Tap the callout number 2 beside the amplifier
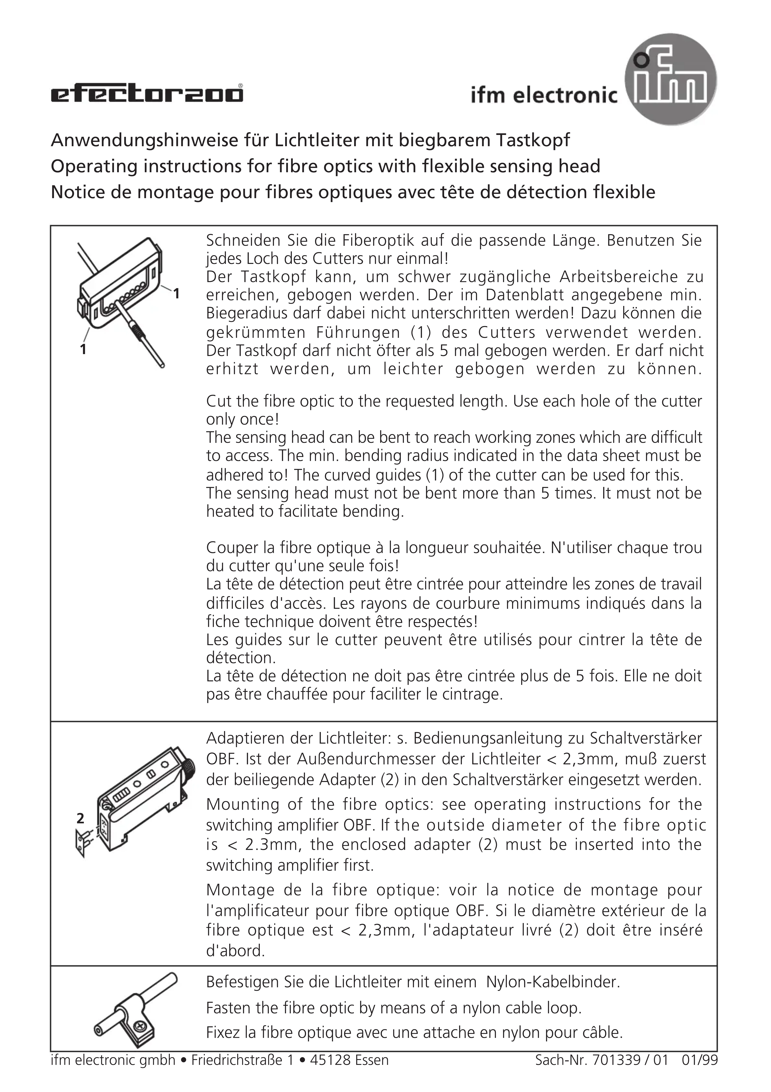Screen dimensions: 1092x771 coord(80,818)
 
